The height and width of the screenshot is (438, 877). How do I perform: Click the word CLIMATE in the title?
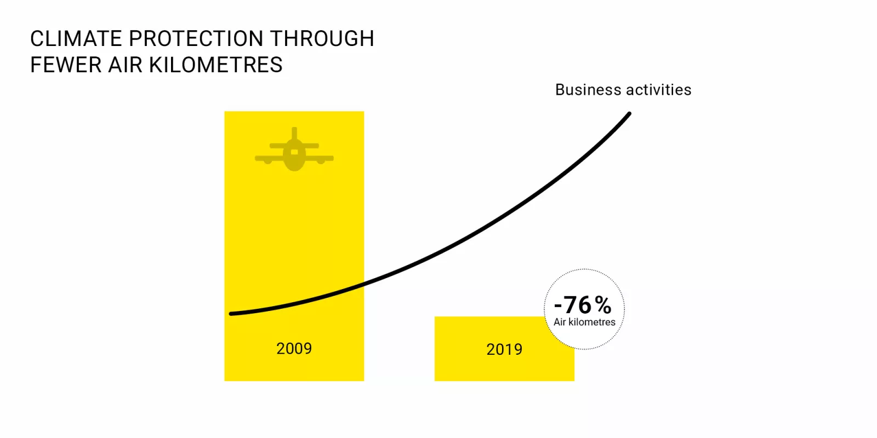(x=76, y=39)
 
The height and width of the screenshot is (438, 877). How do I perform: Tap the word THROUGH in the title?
(x=322, y=39)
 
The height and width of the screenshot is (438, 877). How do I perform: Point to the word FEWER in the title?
(x=66, y=65)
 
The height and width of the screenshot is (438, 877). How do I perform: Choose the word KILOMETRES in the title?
(x=216, y=65)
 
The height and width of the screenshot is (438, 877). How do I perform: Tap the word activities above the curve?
(x=659, y=90)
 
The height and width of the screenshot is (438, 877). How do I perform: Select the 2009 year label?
(x=294, y=348)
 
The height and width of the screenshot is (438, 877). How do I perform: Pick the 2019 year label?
(x=504, y=349)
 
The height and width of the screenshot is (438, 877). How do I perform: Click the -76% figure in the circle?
(x=583, y=305)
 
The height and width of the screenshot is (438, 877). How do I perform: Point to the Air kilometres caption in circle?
(x=584, y=322)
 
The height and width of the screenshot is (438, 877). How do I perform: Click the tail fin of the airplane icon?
(x=294, y=134)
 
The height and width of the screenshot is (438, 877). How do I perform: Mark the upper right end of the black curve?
(x=629, y=114)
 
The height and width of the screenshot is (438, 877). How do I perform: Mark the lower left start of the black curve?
(x=231, y=314)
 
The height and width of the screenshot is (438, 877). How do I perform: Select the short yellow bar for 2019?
(x=504, y=349)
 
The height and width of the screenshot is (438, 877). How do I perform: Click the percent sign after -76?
(x=603, y=305)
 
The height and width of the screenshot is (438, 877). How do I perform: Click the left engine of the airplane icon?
(x=268, y=162)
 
